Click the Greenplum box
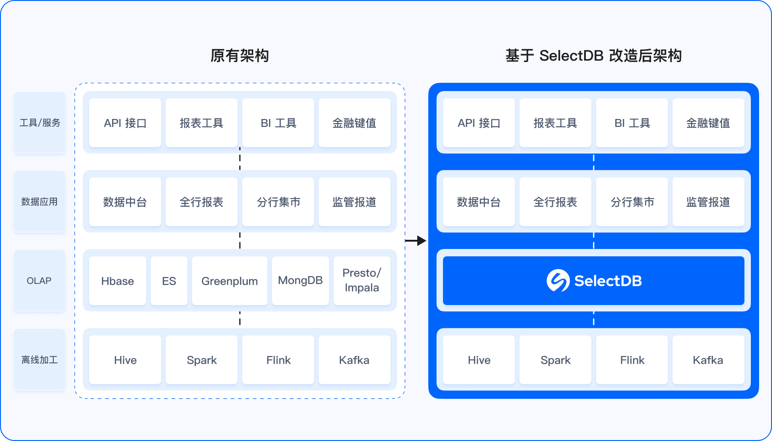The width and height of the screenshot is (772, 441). coord(229,281)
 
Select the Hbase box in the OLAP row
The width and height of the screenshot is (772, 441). coord(118,281)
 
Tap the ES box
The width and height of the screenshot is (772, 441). coord(169,281)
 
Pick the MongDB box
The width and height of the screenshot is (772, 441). coord(300,281)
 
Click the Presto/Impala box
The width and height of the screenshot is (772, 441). coord(362,281)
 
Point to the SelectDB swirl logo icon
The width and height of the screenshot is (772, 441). coord(558,281)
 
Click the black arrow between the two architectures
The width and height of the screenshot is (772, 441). coord(416,240)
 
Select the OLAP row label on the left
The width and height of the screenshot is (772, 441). coord(40,281)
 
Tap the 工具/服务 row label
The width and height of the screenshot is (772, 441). coord(40,123)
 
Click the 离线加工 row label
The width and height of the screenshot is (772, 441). coord(40,360)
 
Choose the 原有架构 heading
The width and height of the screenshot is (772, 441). coord(239,56)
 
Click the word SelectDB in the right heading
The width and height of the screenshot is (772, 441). coord(571,56)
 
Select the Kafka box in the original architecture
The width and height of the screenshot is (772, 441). coord(354,360)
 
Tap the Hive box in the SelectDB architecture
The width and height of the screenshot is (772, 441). coord(479,360)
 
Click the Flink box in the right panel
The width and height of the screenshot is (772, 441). coord(632,360)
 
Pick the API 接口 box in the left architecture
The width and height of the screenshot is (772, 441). coord(125,123)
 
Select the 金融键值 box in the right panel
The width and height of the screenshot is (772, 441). coord(708,123)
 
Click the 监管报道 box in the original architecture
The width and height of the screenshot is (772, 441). coord(354,202)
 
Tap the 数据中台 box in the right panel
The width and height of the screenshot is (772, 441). coord(479,202)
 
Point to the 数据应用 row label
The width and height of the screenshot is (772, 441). coord(40,202)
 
